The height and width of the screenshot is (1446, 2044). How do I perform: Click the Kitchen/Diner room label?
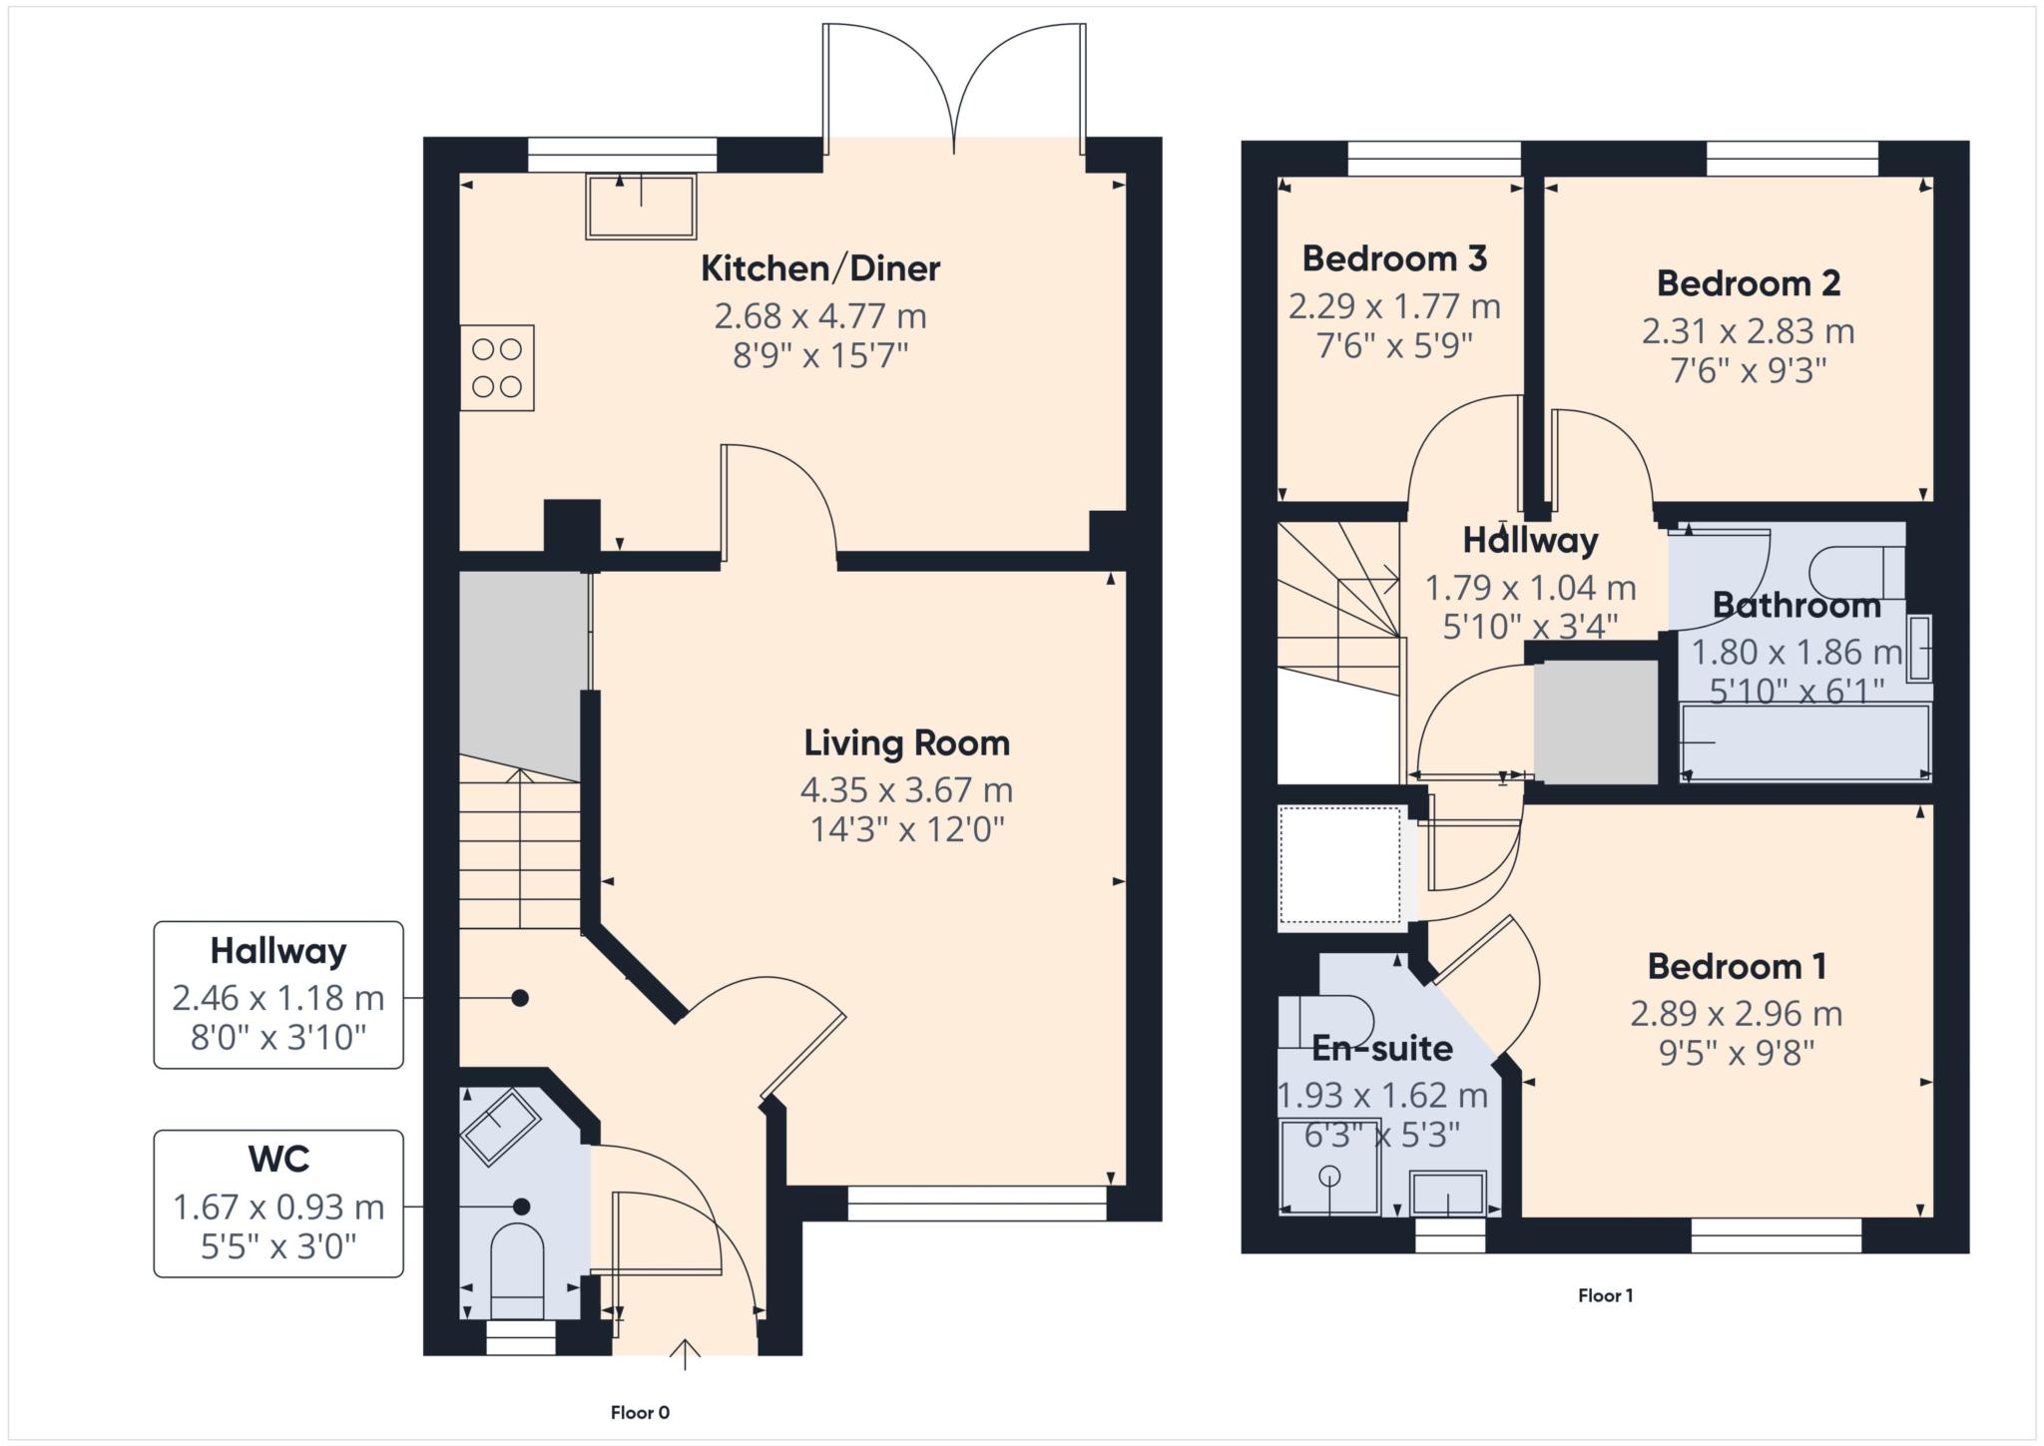click(820, 268)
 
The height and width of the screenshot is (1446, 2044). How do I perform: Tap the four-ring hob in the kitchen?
click(497, 367)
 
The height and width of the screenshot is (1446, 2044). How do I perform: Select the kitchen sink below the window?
click(641, 208)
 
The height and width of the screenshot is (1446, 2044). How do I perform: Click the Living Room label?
click(906, 743)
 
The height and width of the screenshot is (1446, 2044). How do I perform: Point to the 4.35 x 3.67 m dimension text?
click(906, 790)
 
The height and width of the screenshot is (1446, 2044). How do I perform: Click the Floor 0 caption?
click(640, 1412)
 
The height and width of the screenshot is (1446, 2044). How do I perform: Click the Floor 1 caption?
click(1605, 1295)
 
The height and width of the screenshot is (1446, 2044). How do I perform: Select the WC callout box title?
click(278, 1159)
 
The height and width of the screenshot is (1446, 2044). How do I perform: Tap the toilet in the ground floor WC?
click(518, 1270)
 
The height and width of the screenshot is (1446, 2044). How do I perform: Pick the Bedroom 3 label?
click(1394, 258)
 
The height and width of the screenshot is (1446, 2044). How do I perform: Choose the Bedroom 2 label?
click(1749, 283)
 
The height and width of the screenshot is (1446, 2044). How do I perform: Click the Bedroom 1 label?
click(1737, 966)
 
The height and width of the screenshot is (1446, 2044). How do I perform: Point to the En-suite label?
click(1381, 1048)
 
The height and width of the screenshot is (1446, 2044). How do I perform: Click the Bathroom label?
click(1796, 605)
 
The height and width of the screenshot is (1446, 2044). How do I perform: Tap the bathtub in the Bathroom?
click(1805, 741)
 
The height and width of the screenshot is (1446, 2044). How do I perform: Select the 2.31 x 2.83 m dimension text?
click(1749, 330)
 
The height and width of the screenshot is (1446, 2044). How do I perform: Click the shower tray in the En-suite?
click(1329, 1166)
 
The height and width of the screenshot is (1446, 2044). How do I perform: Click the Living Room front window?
click(977, 1203)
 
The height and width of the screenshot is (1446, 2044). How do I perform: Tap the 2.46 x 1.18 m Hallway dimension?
click(278, 997)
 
